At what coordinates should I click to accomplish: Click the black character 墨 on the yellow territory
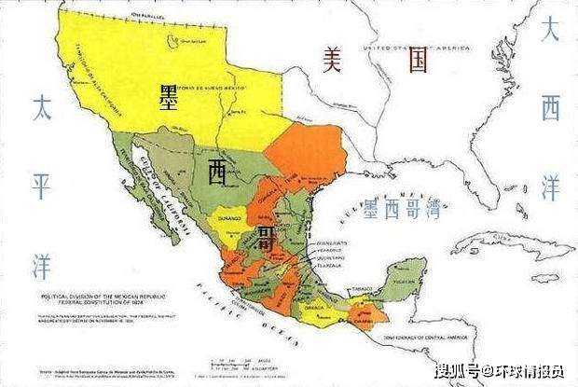[x=170, y=94]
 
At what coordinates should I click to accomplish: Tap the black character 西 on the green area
[x=217, y=171]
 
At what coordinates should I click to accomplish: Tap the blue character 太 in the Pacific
[x=41, y=108]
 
